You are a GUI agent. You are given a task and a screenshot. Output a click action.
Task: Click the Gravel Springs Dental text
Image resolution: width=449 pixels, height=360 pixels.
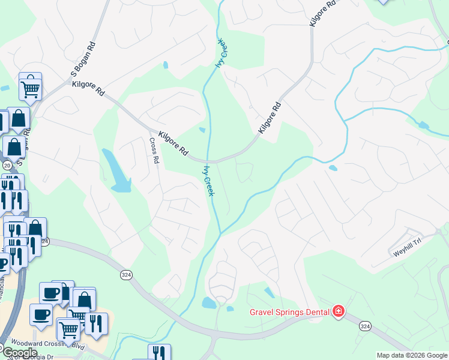coord(289,311)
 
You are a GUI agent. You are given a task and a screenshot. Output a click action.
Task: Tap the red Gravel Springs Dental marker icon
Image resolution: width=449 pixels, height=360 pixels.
coord(339,311)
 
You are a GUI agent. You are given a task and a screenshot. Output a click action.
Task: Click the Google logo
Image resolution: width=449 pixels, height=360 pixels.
coord(20,353)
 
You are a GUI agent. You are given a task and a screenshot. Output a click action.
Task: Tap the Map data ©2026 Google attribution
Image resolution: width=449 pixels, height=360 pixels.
coord(412,355)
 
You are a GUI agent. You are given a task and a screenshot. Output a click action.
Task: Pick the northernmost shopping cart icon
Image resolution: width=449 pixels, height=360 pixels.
coord(30,88)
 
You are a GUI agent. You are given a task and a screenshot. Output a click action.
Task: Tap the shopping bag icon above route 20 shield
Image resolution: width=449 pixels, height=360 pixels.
coord(14,146)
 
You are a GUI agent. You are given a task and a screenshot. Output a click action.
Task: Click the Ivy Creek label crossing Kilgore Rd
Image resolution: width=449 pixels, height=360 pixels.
coord(208,179)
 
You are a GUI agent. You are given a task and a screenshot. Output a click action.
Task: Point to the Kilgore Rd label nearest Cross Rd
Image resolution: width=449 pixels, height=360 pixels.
coord(174,143)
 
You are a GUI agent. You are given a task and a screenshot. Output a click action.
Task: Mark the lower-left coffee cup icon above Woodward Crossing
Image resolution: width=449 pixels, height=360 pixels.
coord(41,314)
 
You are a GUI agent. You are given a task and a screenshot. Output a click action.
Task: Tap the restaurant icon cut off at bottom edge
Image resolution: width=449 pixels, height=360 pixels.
coord(158,353)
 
